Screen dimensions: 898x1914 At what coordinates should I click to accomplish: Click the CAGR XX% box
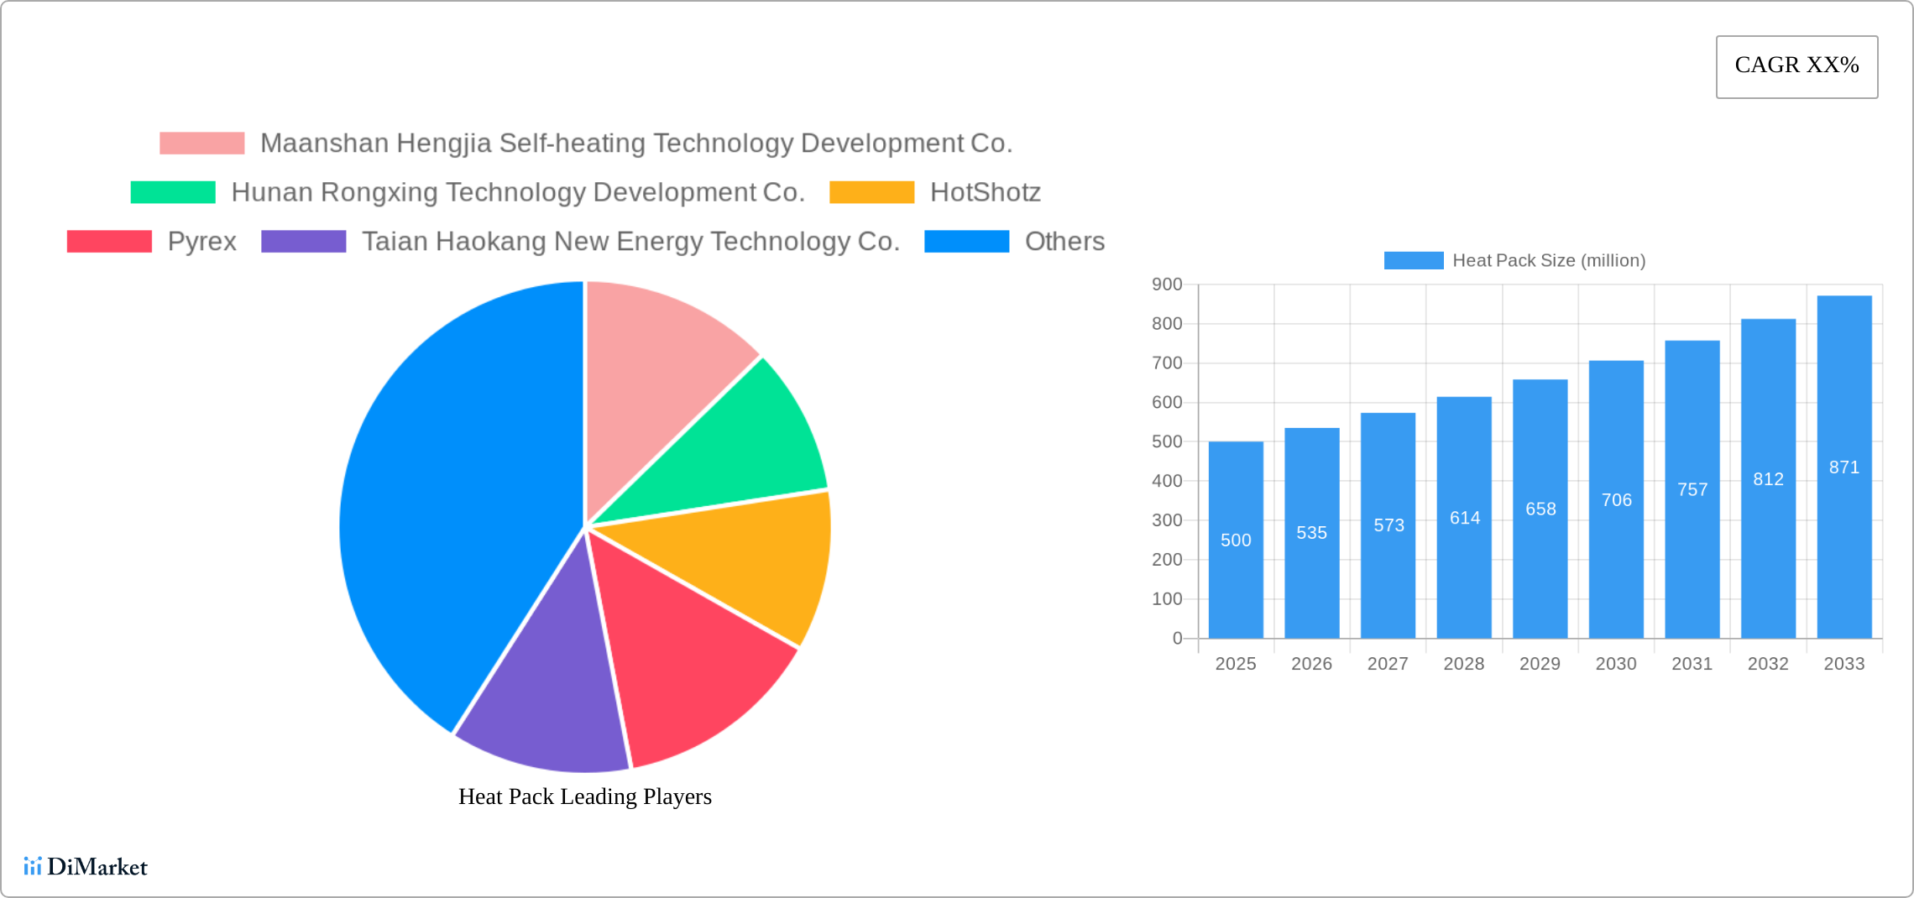pyautogui.click(x=1796, y=66)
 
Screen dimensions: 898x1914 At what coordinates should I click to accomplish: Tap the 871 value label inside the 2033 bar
pyautogui.click(x=1843, y=467)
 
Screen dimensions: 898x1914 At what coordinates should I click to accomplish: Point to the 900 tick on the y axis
pyautogui.click(x=1167, y=285)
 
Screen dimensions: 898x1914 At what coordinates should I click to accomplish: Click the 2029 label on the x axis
pyautogui.click(x=1540, y=664)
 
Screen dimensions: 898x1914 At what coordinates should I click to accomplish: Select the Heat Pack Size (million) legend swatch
pyautogui.click(x=1413, y=260)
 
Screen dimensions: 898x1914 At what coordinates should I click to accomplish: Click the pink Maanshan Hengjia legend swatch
pyautogui.click(x=201, y=144)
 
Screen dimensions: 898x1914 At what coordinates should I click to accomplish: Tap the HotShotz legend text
pyautogui.click(x=985, y=192)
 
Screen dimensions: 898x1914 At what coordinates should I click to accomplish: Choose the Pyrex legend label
pyautogui.click(x=201, y=242)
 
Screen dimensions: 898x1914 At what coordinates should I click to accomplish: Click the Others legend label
pyautogui.click(x=1064, y=242)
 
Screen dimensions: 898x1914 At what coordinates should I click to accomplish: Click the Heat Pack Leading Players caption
pyautogui.click(x=584, y=796)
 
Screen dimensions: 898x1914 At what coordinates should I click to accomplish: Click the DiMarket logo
pyautogui.click(x=86, y=866)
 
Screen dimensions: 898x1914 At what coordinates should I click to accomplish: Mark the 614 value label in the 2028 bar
pyautogui.click(x=1464, y=518)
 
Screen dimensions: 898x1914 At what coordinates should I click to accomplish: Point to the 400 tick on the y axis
pyautogui.click(x=1167, y=481)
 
